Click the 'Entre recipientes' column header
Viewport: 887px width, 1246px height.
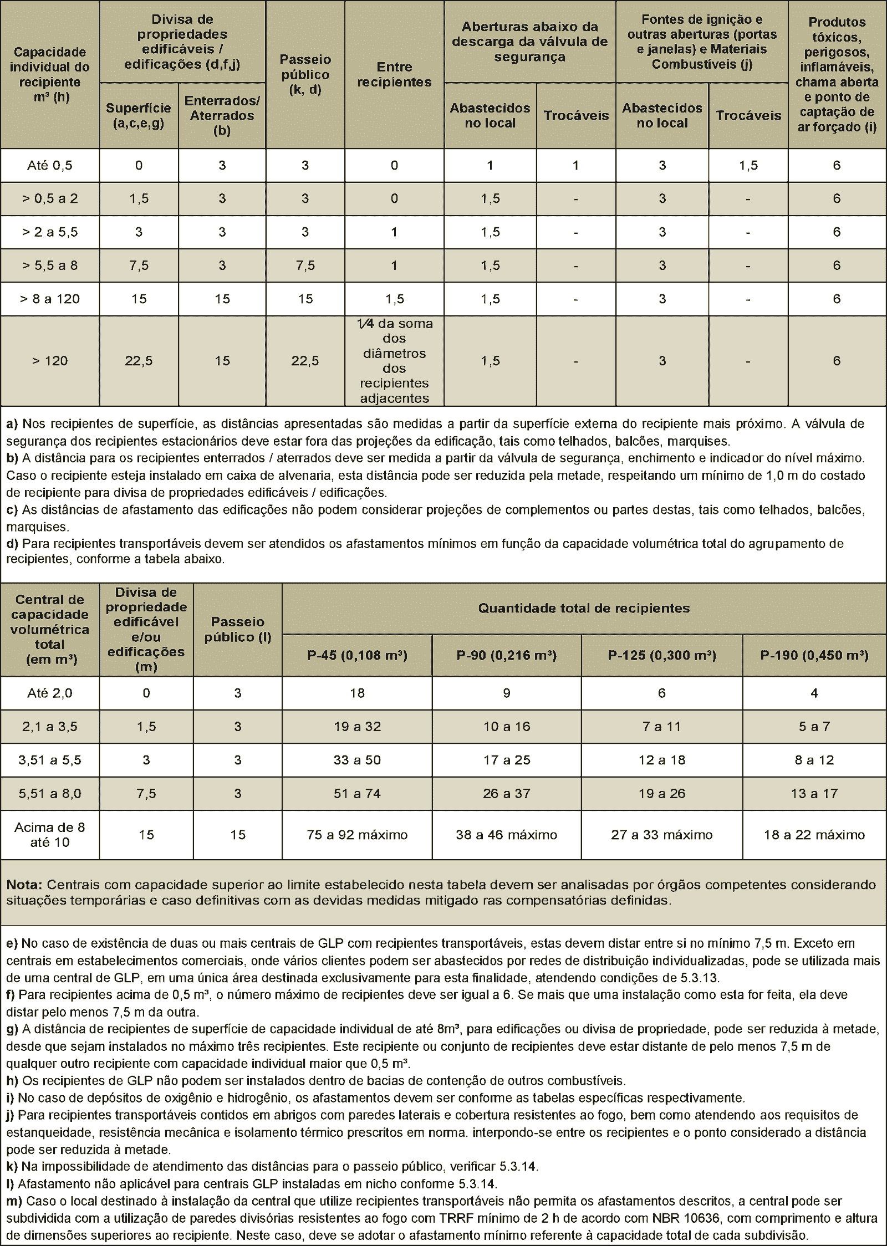coord(394,74)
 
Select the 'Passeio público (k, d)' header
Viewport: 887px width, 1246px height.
coord(305,74)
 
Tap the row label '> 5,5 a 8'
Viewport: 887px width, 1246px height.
coord(50,265)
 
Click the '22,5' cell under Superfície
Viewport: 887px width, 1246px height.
coord(139,361)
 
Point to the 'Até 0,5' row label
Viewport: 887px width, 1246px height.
coord(50,165)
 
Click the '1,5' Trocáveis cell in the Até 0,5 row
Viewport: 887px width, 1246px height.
coord(748,165)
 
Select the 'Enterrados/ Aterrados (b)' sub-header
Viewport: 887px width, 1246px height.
coord(222,115)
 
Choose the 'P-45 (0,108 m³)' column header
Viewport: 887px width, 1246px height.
coord(358,655)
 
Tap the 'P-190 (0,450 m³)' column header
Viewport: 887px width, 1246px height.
coord(814,655)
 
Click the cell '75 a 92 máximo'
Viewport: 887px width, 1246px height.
coord(358,835)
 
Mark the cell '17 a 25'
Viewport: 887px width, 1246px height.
coord(507,760)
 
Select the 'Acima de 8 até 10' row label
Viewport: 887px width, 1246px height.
coord(50,835)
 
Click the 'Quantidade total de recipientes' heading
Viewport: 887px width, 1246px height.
coord(584,608)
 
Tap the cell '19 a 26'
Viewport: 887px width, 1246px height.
coord(662,794)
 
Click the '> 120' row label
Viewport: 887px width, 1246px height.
coord(50,361)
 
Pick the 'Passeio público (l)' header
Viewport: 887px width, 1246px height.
coord(238,629)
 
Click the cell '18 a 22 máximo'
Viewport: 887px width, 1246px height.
coord(814,835)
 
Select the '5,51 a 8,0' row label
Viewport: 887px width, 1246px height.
coord(50,794)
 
